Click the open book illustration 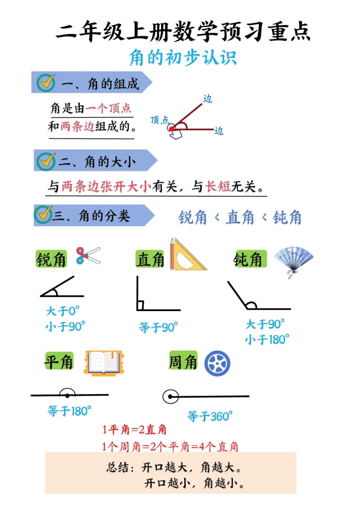click(x=104, y=362)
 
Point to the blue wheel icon click(x=217, y=363)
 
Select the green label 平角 click(x=59, y=362)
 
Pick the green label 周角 click(x=183, y=362)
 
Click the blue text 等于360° click(x=210, y=415)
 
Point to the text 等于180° click(x=69, y=410)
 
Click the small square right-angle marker click(x=140, y=306)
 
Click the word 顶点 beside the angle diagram click(x=159, y=120)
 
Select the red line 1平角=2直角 click(x=135, y=430)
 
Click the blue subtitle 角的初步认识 click(x=183, y=58)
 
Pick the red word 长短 click(x=218, y=186)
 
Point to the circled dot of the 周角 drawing click(x=170, y=397)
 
